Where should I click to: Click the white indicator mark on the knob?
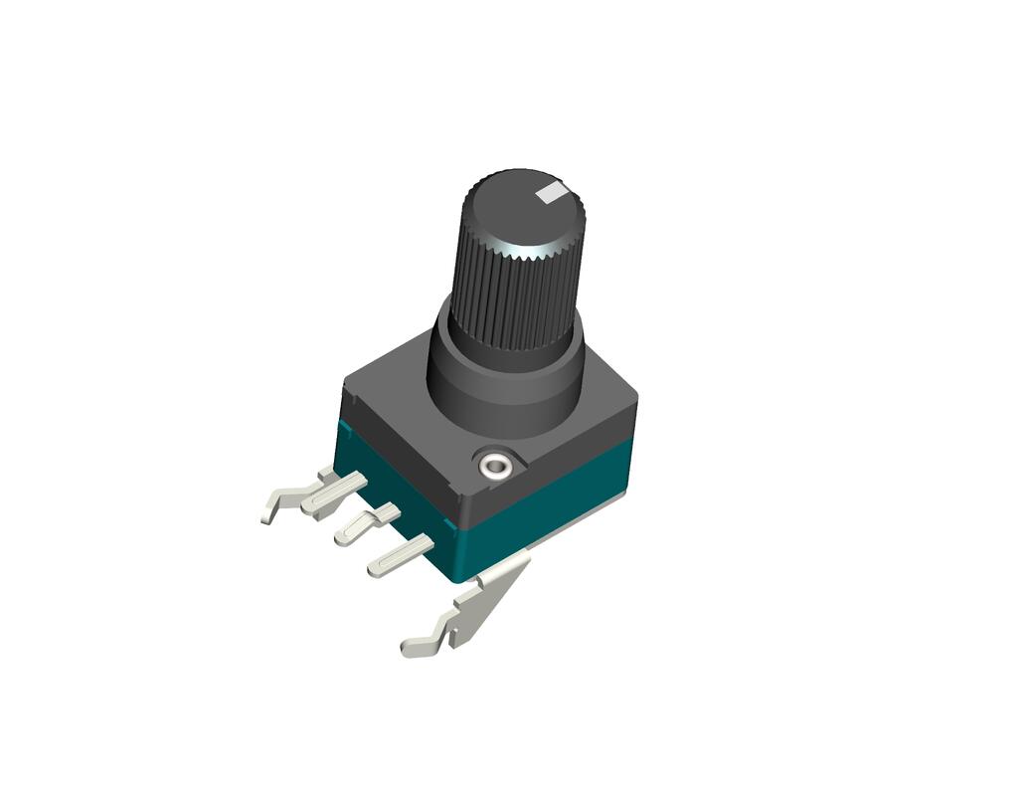(550, 192)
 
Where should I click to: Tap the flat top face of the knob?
(517, 211)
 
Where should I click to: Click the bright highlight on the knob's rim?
(524, 250)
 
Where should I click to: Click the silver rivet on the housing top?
(494, 464)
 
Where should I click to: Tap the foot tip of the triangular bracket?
(413, 647)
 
